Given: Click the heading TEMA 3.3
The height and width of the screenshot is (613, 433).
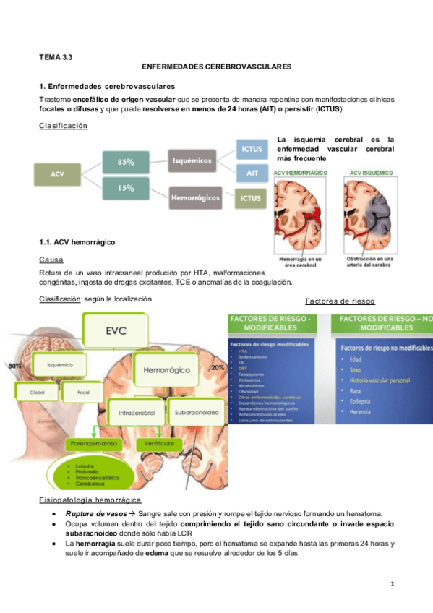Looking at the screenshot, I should pyautogui.click(x=55, y=55).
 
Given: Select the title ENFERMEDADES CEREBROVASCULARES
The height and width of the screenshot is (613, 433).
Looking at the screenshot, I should pyautogui.click(x=217, y=66).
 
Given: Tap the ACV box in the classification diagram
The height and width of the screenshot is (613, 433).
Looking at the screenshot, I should pyautogui.click(x=57, y=174).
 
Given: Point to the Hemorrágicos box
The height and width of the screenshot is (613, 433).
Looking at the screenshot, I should pyautogui.click(x=195, y=196).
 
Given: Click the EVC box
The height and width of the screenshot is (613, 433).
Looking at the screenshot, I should pyautogui.click(x=117, y=332).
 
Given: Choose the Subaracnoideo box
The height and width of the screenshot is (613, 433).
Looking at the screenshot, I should pyautogui.click(x=195, y=415).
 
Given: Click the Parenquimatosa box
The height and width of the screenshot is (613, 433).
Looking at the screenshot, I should pyautogui.click(x=95, y=442).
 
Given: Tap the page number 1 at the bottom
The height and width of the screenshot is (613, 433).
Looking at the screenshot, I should pyautogui.click(x=391, y=583).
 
